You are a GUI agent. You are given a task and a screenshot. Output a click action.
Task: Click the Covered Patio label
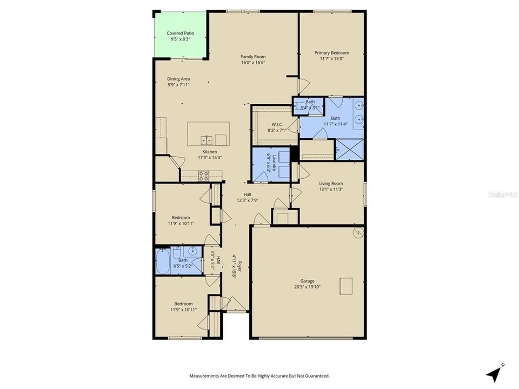(x=180, y=33)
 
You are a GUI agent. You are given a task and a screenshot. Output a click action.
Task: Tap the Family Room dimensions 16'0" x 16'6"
(x=253, y=63)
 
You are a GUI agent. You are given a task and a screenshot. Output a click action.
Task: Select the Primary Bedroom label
(x=331, y=52)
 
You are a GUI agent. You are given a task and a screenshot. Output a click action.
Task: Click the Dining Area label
(x=178, y=79)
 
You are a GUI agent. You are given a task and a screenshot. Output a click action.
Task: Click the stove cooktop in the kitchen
(x=204, y=175)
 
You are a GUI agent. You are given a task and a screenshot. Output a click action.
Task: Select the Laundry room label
(x=275, y=162)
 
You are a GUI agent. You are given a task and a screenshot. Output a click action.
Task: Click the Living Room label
(x=331, y=183)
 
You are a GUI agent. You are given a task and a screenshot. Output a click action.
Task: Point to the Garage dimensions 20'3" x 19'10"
(x=308, y=287)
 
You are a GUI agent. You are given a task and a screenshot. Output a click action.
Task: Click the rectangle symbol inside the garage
(x=346, y=286)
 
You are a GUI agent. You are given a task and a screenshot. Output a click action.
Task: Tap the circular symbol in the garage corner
(x=357, y=232)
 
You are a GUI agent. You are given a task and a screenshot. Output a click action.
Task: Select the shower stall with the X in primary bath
(x=349, y=149)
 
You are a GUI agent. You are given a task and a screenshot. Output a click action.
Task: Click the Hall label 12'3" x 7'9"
(x=247, y=194)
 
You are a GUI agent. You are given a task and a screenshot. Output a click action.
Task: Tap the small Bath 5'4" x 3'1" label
(x=310, y=102)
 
